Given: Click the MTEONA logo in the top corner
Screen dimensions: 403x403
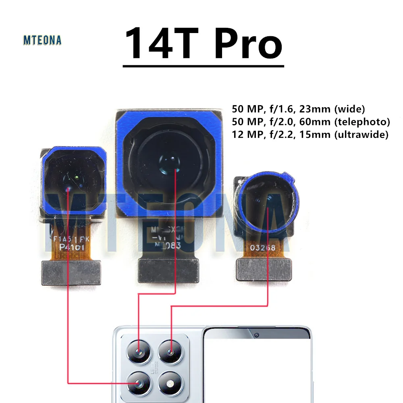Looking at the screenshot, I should [x=42, y=40].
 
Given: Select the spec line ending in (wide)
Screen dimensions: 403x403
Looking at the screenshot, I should [x=298, y=108].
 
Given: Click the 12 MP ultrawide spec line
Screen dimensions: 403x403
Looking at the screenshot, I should [x=310, y=135].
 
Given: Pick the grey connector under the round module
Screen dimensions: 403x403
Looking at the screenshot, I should [x=263, y=269].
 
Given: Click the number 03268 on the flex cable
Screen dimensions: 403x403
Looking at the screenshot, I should [x=263, y=247].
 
